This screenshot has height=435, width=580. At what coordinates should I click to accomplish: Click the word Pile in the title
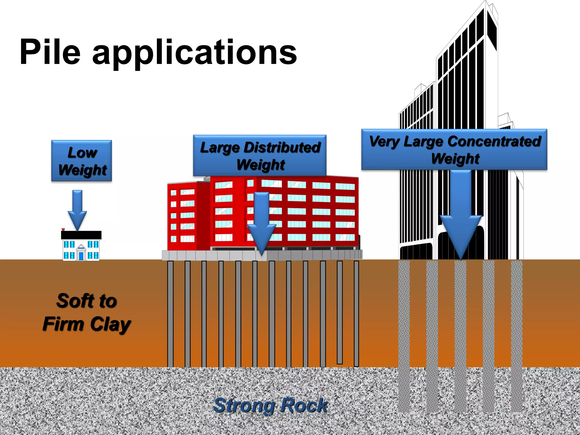pos(50,52)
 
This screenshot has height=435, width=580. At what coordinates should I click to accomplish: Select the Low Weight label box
pos(82,161)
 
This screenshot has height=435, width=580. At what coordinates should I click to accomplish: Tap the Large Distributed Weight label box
pos(260,155)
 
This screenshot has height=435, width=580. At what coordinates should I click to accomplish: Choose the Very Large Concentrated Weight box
pos(454,150)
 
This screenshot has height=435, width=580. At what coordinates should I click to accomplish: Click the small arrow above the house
pos(77,210)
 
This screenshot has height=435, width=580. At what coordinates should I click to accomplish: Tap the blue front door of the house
pos(81,256)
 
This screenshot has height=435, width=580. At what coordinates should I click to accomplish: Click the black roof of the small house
pos(81,235)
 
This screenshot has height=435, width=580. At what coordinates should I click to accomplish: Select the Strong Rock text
pos(270,405)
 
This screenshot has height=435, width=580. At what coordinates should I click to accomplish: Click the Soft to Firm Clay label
pos(87,312)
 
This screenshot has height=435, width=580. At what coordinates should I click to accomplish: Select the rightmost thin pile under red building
pos(357,313)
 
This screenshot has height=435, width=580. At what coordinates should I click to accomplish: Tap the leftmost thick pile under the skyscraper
pos(404,334)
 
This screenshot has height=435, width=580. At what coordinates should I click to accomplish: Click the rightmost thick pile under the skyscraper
pos(517,334)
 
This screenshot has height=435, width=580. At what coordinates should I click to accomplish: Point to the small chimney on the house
pos(63,230)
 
